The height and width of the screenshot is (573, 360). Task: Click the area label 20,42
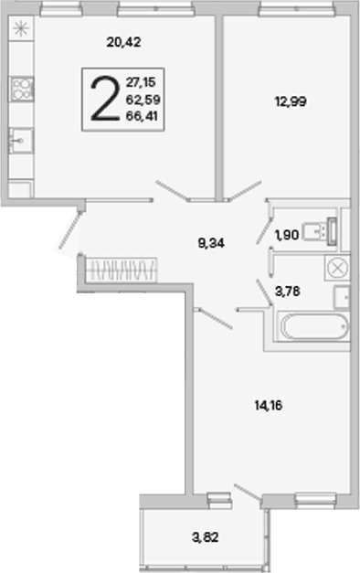(x=124, y=42)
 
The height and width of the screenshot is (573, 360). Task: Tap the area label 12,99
(x=291, y=101)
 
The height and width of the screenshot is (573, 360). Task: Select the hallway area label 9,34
(x=211, y=243)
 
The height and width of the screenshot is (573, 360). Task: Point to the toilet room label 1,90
(x=287, y=235)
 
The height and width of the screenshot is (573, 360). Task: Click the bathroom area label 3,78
(x=288, y=292)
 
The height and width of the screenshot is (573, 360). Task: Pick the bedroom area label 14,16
(x=269, y=405)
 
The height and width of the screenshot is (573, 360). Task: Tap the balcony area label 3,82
(x=205, y=537)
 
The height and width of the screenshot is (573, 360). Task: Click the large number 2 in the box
(x=105, y=99)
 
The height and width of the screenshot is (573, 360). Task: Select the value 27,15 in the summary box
(x=141, y=82)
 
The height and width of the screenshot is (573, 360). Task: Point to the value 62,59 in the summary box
(x=143, y=99)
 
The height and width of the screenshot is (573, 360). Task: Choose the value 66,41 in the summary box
(x=142, y=116)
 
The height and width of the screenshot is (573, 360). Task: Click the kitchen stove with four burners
(x=22, y=89)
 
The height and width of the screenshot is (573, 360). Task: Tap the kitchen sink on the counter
(x=21, y=141)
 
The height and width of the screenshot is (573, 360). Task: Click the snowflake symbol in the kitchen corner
(x=20, y=29)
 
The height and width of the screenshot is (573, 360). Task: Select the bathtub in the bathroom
(x=314, y=326)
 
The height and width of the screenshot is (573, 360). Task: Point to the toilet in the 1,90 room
(x=321, y=232)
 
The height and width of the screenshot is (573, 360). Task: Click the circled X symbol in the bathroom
(x=338, y=269)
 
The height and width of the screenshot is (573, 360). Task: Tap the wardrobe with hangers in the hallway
(x=121, y=270)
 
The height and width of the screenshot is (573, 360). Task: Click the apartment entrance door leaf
(x=70, y=230)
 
